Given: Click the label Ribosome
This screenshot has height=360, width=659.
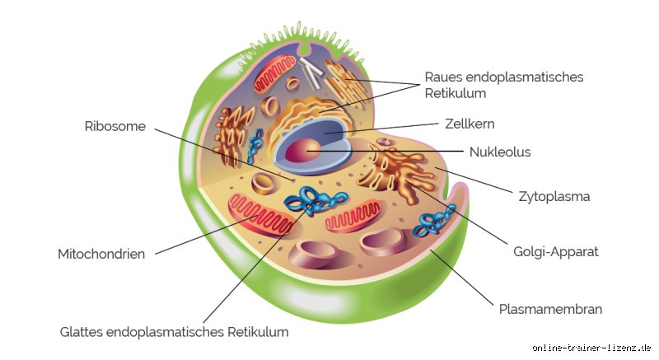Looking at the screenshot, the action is coord(115,126).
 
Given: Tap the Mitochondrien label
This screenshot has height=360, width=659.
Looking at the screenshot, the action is coord(101,254).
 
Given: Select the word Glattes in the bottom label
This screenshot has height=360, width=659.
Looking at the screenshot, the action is coord(81,332).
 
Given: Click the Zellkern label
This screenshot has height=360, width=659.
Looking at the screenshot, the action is coord(470,124).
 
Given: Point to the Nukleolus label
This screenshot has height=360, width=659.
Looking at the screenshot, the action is coord(500,152).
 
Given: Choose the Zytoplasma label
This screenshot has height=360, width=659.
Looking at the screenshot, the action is coord(554,197).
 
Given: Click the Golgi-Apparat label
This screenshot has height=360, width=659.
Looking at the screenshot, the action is coord(555,251).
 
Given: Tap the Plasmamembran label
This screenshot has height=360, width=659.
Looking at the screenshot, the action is coord(550,309).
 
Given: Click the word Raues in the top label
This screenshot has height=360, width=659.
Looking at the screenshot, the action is coord(443,77).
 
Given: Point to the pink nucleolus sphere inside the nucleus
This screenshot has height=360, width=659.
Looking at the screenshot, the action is coord(302,151).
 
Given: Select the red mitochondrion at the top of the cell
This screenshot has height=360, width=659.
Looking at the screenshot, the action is coord(275,73).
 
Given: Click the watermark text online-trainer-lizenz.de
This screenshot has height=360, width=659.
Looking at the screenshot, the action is coord(591,348).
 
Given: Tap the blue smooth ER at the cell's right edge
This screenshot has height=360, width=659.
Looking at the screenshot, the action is coord(435,220).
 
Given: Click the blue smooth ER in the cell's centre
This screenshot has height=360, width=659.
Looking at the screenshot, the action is coord(316,201).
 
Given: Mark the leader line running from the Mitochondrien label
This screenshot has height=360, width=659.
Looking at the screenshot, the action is coord(207,235).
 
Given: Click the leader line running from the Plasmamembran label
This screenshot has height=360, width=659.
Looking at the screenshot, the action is coord(462,278).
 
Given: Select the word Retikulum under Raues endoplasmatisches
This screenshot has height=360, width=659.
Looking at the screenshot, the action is coord(456,93).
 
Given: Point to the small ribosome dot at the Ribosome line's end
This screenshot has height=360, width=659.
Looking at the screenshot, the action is coord(293,180).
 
